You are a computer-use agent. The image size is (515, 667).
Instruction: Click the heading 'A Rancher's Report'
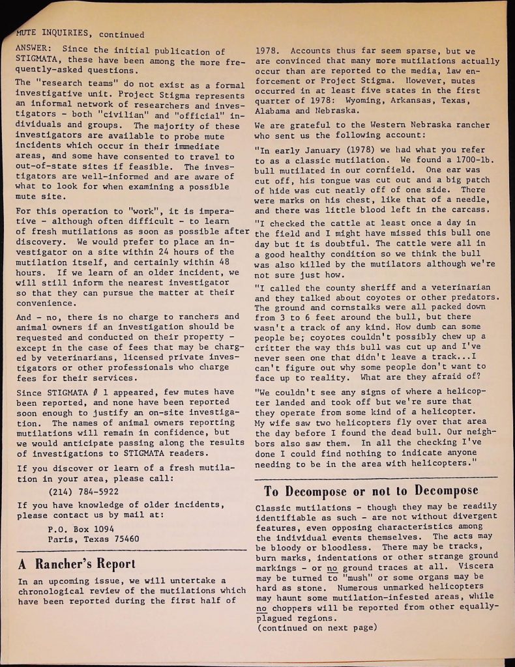[77, 563]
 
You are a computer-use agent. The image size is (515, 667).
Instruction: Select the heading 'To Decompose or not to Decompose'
[371, 490]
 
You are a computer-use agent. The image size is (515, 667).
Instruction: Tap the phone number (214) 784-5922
[83, 492]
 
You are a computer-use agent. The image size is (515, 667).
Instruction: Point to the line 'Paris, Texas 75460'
[94, 539]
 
